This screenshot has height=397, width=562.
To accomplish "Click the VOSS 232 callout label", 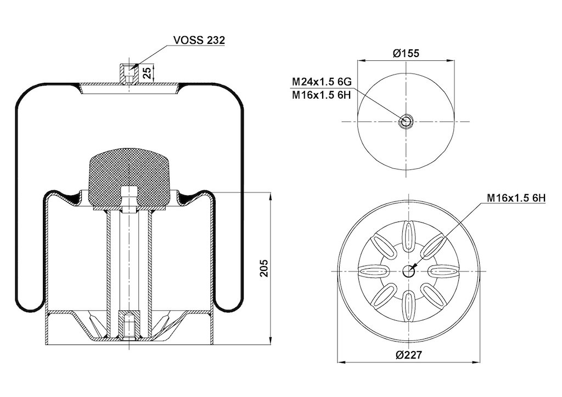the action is pyautogui.click(x=199, y=40).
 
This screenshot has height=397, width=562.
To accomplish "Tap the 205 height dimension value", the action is pyautogui.click(x=263, y=268).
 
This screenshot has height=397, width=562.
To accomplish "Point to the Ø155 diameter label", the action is pyautogui.click(x=406, y=53).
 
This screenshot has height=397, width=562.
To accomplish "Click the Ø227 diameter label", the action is pyautogui.click(x=409, y=355).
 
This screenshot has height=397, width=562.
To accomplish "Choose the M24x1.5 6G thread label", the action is pyautogui.click(x=322, y=82).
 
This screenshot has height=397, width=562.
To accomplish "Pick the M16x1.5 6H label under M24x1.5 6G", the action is pyautogui.click(x=322, y=95).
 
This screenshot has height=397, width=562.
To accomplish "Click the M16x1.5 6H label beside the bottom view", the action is pyautogui.click(x=516, y=198).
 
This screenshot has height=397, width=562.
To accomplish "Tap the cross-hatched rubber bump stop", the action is pyautogui.click(x=130, y=178).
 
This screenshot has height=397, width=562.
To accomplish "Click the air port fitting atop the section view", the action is pyautogui.click(x=128, y=73).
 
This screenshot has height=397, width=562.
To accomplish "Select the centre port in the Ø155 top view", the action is pyautogui.click(x=406, y=122).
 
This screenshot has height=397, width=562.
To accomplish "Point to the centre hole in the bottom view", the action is pyautogui.click(x=408, y=271).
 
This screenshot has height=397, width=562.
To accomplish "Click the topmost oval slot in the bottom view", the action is pyautogui.click(x=408, y=237).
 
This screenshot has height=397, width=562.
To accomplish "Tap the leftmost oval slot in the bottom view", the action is pyautogui.click(x=374, y=271).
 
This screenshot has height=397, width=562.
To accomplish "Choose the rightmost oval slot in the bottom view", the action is pyautogui.click(x=443, y=271).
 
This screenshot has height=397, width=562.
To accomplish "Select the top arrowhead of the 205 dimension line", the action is pyautogui.click(x=271, y=196).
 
